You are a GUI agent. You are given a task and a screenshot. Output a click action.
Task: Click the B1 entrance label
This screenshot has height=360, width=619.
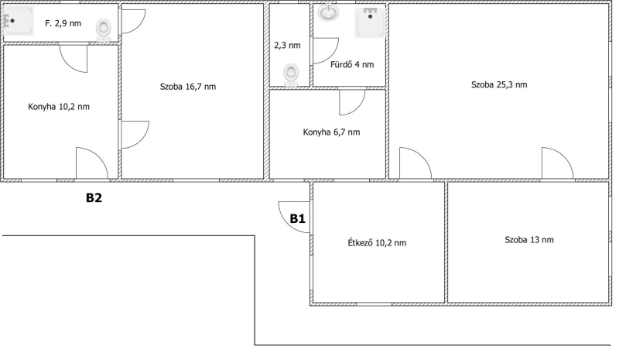(x=298, y=218)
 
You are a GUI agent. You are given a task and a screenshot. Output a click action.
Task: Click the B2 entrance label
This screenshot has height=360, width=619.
(x=94, y=197)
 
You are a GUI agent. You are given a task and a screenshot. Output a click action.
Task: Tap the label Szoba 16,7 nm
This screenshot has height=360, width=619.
(x=188, y=87)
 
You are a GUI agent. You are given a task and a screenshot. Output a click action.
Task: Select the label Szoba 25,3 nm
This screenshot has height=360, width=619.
(x=499, y=84)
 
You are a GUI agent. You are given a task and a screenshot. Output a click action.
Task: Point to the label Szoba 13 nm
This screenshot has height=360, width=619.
(x=529, y=240)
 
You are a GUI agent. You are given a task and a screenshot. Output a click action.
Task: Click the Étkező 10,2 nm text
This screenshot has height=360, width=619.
(x=377, y=242)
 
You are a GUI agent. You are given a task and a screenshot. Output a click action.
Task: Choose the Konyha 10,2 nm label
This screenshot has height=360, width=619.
(x=59, y=107)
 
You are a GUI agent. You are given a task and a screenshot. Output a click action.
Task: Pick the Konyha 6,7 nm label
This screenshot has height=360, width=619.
(x=332, y=132)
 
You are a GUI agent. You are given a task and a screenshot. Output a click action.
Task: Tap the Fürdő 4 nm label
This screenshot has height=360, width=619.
(x=352, y=64)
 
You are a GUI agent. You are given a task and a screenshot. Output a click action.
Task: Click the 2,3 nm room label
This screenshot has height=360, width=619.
(x=287, y=46)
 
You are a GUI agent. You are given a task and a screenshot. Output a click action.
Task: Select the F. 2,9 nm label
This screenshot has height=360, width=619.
(x=63, y=23)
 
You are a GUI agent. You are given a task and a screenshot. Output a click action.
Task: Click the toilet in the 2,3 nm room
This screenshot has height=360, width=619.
(x=291, y=75)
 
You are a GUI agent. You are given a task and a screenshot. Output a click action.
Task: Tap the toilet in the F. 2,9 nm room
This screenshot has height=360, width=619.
(x=104, y=30)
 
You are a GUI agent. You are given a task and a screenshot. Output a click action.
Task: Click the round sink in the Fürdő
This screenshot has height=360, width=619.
(x=328, y=12)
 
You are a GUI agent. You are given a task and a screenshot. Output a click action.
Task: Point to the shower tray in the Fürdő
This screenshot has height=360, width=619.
(x=370, y=23)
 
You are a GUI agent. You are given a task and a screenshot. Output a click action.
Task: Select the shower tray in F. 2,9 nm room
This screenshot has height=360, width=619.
(x=19, y=20)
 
